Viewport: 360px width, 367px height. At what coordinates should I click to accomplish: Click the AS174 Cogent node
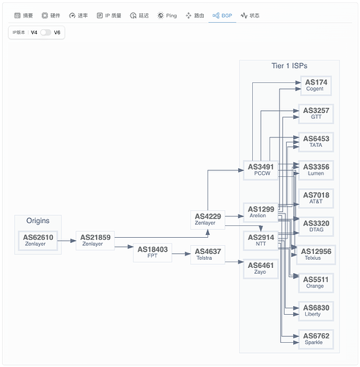pos(316,86)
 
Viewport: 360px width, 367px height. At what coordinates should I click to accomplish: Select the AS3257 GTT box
pos(316,114)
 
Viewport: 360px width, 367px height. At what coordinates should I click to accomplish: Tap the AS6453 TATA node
pos(316,142)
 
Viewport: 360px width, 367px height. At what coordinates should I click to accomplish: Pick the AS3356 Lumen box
pos(316,170)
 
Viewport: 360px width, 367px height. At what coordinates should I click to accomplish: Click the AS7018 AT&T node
pos(316,198)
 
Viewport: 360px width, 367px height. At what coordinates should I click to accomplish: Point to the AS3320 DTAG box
pos(316,227)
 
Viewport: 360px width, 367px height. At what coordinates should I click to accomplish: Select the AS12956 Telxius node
pos(316,255)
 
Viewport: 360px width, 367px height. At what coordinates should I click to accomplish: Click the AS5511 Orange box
pos(316,283)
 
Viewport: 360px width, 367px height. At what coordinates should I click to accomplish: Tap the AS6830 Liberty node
pos(316,311)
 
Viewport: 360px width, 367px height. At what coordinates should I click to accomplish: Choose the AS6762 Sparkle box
pos(316,339)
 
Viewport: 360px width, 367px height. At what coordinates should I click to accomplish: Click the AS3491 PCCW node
pos(261,170)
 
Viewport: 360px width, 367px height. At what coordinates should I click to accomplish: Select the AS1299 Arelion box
pos(261,212)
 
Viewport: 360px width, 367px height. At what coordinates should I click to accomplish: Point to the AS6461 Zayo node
pos(261,269)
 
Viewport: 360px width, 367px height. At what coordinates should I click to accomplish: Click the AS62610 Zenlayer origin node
pos(38,241)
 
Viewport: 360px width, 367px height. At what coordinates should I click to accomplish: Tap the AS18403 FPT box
pos(153,252)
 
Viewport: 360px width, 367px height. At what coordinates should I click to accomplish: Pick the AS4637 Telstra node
pos(207,255)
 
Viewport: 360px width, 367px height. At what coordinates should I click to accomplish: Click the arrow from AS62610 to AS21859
pos(67,241)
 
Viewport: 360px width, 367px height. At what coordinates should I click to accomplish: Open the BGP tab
pos(222,15)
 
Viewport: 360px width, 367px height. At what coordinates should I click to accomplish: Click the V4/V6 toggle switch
pos(45,32)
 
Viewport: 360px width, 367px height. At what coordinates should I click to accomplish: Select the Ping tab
pos(167,15)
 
